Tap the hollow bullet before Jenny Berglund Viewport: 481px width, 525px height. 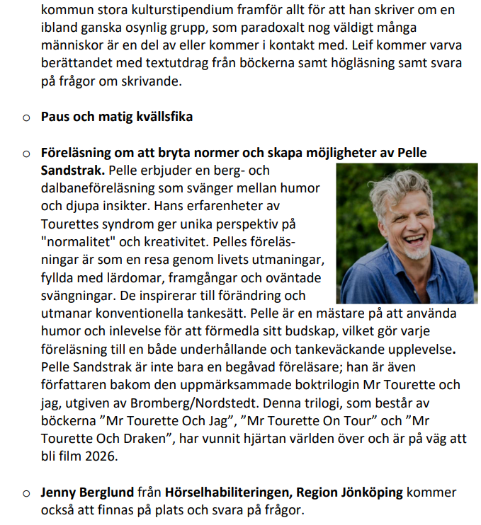tap(26, 493)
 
